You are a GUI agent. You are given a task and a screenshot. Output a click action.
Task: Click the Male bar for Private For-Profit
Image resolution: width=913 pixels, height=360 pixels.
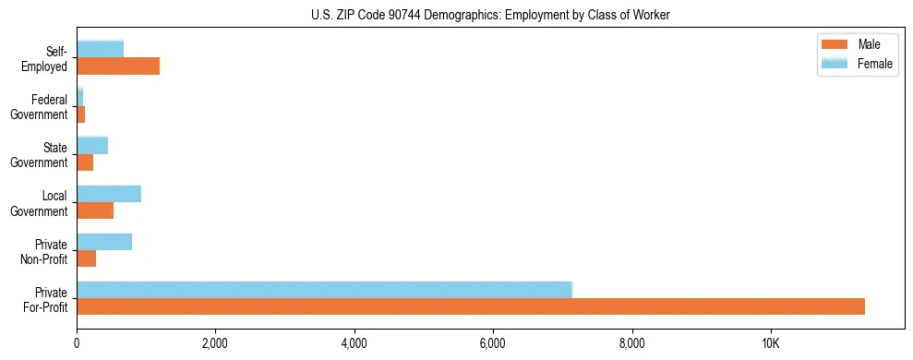pyautogui.click(x=471, y=306)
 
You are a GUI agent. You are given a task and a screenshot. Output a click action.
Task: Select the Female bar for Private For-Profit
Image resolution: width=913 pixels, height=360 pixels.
pyautogui.click(x=324, y=290)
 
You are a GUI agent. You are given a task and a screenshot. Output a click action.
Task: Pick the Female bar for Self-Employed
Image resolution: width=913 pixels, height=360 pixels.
pyautogui.click(x=100, y=49)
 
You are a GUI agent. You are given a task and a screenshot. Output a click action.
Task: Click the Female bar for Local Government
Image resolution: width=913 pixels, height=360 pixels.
pyautogui.click(x=109, y=194)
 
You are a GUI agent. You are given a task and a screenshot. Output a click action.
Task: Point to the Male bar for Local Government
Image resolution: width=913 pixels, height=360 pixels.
pyautogui.click(x=95, y=210)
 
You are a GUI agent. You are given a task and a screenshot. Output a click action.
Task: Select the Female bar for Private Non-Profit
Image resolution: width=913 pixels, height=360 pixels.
pyautogui.click(x=104, y=242)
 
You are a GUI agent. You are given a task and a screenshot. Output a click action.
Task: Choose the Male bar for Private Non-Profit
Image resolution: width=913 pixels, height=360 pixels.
pyautogui.click(x=86, y=258)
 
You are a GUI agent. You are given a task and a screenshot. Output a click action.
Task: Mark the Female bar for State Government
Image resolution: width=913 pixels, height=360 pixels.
pyautogui.click(x=92, y=145)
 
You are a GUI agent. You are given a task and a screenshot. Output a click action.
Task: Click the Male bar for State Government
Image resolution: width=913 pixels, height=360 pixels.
pyautogui.click(x=85, y=162)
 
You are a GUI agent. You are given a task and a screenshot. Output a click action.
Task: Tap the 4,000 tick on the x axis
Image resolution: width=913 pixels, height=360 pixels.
pyautogui.click(x=354, y=344)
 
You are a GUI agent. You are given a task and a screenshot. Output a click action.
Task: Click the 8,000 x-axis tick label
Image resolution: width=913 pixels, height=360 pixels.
pyautogui.click(x=632, y=344)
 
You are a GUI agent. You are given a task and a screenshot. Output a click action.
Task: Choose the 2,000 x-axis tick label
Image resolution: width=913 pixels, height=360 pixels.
pyautogui.click(x=215, y=344)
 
